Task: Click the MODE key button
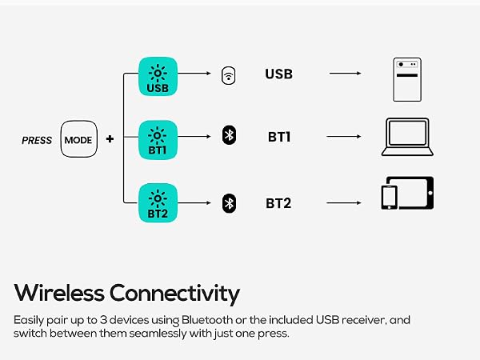(x=79, y=139)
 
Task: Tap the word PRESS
(x=37, y=140)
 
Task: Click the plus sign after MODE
(x=110, y=139)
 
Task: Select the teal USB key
(x=158, y=76)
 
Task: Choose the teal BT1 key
(x=158, y=139)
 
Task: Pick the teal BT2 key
(x=158, y=202)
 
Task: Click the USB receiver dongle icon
(x=228, y=75)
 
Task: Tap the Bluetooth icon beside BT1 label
(x=229, y=135)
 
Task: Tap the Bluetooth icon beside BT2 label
(x=229, y=203)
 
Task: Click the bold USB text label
(x=278, y=74)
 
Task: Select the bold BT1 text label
(x=279, y=137)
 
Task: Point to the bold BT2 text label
(x=278, y=203)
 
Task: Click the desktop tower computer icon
(x=407, y=79)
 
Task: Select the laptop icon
(x=407, y=137)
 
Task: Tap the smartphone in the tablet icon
(x=389, y=198)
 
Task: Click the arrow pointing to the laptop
(x=344, y=137)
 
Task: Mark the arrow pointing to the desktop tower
(x=346, y=74)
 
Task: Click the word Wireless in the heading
(x=59, y=293)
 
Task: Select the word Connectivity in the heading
(x=174, y=294)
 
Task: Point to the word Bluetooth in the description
(x=207, y=320)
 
